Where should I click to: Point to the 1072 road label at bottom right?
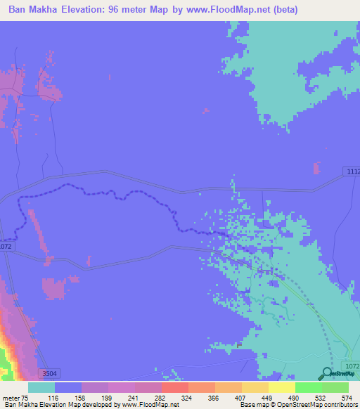(352, 367)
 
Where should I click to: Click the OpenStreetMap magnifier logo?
(327, 375)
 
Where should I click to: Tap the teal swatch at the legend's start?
(41, 387)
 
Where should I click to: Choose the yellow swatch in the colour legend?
(282, 387)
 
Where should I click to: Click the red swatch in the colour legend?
(175, 387)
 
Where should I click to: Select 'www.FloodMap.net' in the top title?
(219, 10)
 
